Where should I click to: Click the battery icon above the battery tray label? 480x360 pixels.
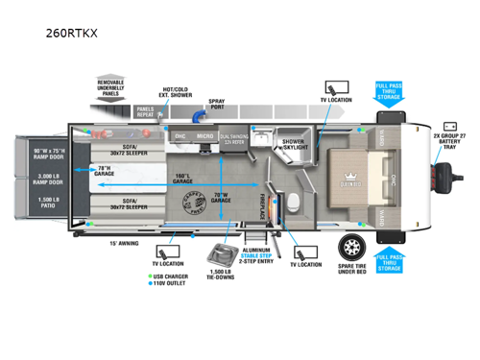click(x=449, y=126)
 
